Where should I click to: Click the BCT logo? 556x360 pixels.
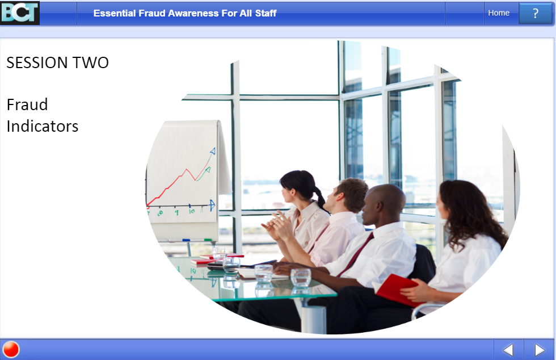point(20,13)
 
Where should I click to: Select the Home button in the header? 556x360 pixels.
point(499,13)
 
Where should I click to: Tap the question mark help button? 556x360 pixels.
point(536,13)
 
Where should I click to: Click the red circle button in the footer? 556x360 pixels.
point(11,349)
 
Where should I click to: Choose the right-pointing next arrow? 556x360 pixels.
point(540,350)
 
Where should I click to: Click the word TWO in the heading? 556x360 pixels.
point(91,62)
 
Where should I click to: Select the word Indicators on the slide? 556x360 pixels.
point(43,127)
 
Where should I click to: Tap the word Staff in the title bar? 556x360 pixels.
point(266,13)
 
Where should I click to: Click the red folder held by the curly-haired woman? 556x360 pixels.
point(397,290)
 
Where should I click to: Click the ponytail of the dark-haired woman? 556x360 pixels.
point(321,200)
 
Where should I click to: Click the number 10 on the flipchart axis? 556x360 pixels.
point(192,211)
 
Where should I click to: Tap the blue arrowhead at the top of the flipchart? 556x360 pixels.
point(213,151)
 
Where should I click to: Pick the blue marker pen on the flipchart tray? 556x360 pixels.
point(186,240)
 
